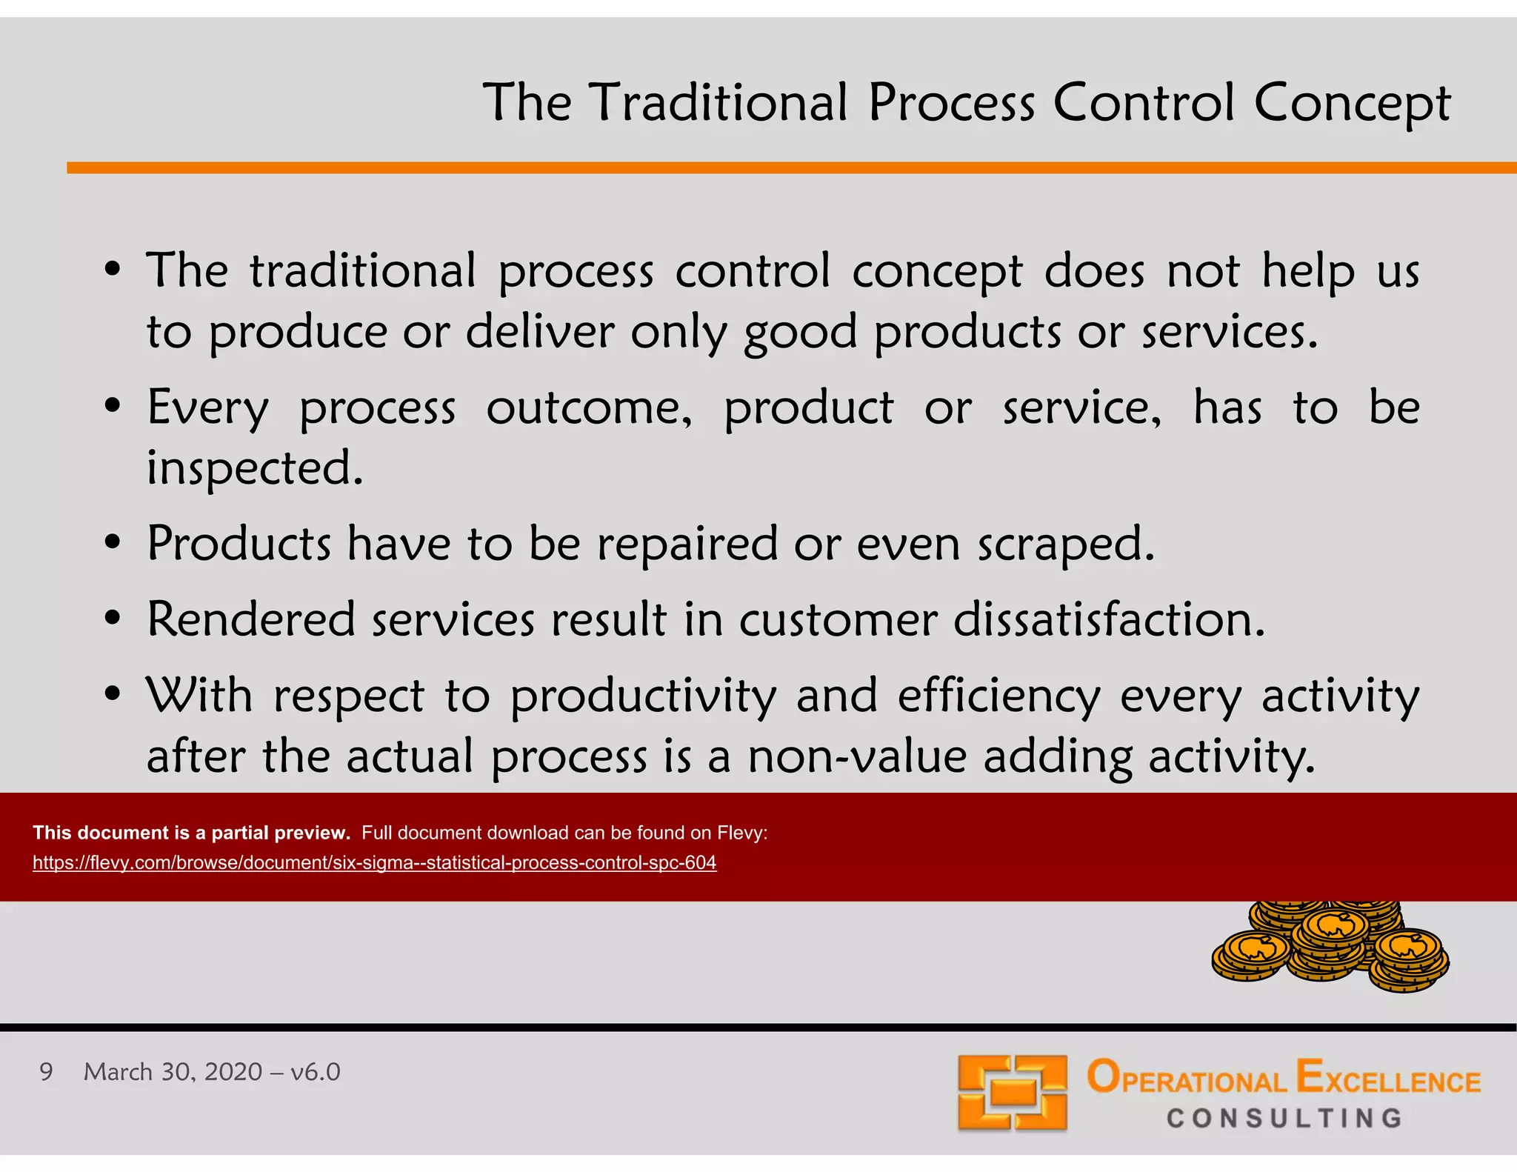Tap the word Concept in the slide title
tap(1352, 104)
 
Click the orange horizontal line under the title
tap(791, 168)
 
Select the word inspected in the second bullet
tap(255, 469)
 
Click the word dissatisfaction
tap(1109, 619)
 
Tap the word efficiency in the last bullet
tap(999, 697)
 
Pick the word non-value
tap(857, 757)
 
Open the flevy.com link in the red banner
tap(374, 862)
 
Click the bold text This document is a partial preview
tap(191, 833)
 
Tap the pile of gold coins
tap(1330, 948)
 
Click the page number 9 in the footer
tap(46, 1072)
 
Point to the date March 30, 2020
tap(173, 1072)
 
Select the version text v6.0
tap(315, 1072)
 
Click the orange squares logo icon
tap(1012, 1093)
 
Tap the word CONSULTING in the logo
tap(1284, 1118)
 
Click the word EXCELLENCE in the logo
tap(1388, 1078)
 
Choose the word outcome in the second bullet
tap(589, 408)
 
